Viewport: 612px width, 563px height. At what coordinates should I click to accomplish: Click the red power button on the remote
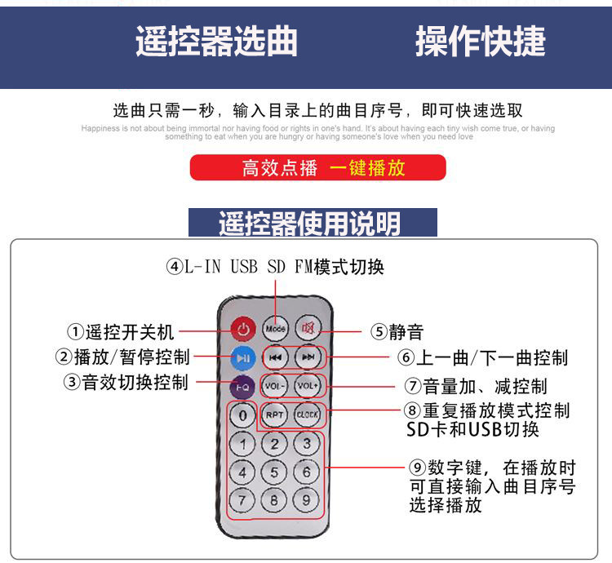click(242, 330)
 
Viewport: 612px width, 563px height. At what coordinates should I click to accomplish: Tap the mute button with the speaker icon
click(308, 328)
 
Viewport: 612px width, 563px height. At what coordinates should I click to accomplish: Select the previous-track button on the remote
click(276, 357)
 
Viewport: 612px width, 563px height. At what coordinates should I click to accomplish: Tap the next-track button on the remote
click(308, 357)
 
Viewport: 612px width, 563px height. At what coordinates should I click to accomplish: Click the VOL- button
click(276, 385)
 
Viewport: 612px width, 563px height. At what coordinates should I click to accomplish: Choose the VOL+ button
click(308, 385)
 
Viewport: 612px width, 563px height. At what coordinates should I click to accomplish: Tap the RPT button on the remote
click(276, 414)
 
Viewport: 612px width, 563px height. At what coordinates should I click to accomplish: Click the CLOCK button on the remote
click(308, 414)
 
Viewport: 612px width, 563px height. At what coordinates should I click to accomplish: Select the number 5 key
click(275, 472)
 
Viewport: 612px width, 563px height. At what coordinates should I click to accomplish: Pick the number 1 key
click(242, 445)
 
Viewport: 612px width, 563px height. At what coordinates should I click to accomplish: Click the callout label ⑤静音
click(397, 332)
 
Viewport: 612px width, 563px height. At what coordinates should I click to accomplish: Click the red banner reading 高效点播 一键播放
click(318, 168)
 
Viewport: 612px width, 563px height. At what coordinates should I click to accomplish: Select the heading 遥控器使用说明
click(313, 223)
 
